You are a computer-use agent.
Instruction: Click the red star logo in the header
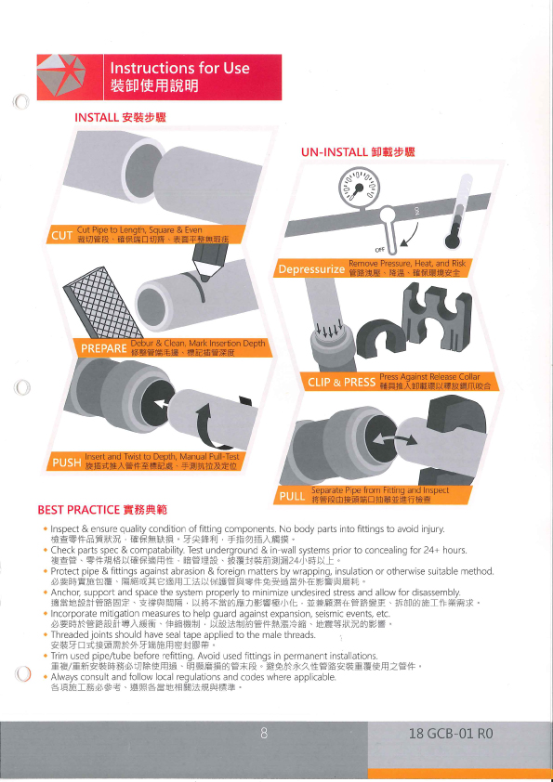(x=67, y=75)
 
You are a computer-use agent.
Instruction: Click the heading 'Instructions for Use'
(x=179, y=68)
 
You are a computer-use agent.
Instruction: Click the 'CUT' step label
(x=60, y=235)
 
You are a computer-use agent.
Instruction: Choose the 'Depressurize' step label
(x=311, y=270)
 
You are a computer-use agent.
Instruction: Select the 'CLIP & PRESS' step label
(x=341, y=381)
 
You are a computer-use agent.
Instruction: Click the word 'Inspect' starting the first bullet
(x=66, y=528)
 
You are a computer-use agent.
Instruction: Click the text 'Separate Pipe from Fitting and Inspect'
(x=380, y=490)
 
